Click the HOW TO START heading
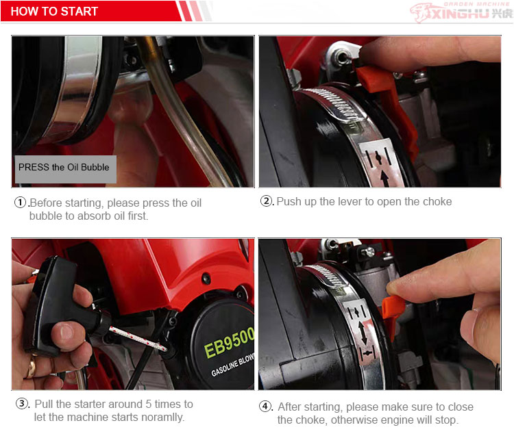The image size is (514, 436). coord(54,12)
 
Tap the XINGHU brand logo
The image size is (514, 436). coord(461,12)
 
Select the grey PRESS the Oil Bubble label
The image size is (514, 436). coord(66,169)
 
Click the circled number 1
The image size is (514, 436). coord(21,203)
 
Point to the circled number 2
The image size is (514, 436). coord(266,201)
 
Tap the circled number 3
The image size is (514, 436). coord(22,403)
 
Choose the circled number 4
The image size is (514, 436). coord(265,406)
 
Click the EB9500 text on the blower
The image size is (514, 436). coord(229,343)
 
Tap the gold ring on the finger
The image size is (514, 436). coord(31,368)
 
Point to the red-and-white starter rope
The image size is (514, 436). coord(138,339)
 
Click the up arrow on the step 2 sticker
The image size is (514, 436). coord(384,179)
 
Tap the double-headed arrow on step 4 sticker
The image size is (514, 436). coord(362,333)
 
